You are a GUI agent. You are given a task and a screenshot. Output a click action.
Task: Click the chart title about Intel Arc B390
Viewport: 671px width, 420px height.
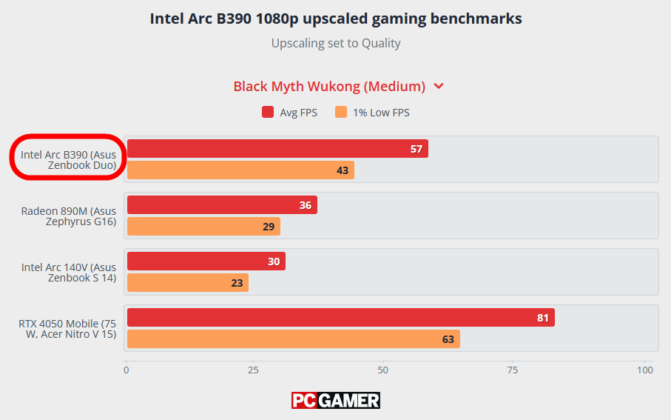tap(335, 19)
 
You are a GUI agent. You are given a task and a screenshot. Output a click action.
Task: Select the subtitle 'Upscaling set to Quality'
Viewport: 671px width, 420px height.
tap(335, 43)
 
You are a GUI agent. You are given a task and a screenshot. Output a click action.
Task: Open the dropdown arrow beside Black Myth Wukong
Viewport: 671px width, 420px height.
tap(439, 86)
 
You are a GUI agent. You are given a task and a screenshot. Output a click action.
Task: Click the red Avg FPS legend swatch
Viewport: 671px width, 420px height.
tap(268, 113)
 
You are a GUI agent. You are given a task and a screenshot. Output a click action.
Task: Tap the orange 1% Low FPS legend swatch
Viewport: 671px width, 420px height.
tap(341, 113)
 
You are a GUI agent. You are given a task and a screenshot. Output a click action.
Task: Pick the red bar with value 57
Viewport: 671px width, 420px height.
tap(277, 149)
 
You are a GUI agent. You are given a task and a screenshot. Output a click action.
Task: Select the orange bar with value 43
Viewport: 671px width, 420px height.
tap(240, 170)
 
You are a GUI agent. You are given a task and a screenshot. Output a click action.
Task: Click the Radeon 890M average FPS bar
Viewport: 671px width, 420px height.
tap(222, 205)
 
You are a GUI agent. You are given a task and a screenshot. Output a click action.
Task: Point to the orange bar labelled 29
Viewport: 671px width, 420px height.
tap(203, 227)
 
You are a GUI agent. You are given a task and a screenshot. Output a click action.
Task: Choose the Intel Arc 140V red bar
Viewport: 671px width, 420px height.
tap(206, 261)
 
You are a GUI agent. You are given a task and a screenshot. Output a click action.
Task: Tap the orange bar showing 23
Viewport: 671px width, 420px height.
tap(188, 283)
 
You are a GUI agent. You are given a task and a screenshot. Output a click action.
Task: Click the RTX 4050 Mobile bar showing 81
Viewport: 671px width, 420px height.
tap(340, 318)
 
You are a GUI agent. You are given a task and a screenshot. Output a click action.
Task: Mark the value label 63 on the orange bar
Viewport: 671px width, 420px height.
tap(448, 339)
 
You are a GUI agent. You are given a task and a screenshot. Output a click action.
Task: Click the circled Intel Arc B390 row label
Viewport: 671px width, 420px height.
tap(68, 159)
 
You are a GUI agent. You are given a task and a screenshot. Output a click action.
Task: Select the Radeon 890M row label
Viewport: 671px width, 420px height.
tap(68, 216)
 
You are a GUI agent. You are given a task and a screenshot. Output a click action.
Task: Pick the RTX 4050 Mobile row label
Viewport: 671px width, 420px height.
tap(68, 329)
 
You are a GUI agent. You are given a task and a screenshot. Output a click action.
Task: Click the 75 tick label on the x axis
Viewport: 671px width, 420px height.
tap(513, 370)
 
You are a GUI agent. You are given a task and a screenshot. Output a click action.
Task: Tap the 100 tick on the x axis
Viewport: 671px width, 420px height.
tap(644, 370)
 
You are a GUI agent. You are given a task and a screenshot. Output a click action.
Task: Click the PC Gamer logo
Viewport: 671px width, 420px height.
tap(335, 401)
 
